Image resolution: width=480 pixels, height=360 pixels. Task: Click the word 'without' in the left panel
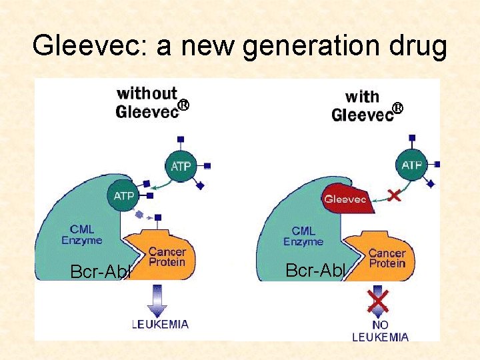pyautogui.click(x=147, y=94)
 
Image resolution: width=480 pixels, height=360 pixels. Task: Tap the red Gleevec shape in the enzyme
pyautogui.click(x=345, y=198)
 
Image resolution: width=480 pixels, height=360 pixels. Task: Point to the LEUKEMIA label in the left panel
pyautogui.click(x=160, y=325)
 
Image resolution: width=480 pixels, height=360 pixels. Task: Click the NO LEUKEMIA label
pyautogui.click(x=381, y=331)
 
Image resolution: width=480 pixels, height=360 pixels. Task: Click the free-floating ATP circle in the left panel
pyautogui.click(x=181, y=165)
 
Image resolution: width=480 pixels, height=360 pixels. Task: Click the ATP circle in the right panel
pyautogui.click(x=412, y=165)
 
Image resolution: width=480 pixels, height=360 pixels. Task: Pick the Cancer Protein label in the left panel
pyautogui.click(x=167, y=257)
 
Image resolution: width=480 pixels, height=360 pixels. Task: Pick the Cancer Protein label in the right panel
pyautogui.click(x=387, y=258)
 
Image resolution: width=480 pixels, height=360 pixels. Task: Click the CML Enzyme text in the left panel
pyautogui.click(x=82, y=235)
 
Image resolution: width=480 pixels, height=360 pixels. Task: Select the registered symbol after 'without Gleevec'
pyautogui.click(x=183, y=105)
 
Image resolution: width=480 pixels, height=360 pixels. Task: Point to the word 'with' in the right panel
pyautogui.click(x=362, y=97)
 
